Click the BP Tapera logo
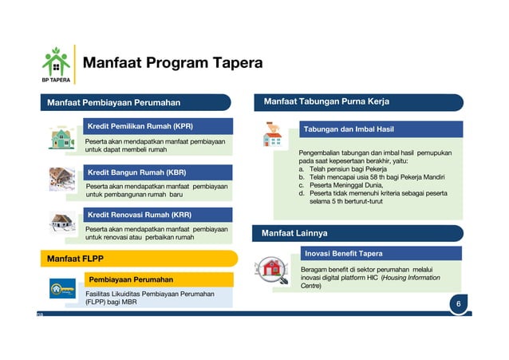click(55, 65)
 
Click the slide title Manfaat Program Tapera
click(172, 63)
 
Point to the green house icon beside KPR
click(62, 139)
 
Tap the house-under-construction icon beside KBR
click(62, 179)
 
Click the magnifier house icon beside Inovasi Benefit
click(274, 270)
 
